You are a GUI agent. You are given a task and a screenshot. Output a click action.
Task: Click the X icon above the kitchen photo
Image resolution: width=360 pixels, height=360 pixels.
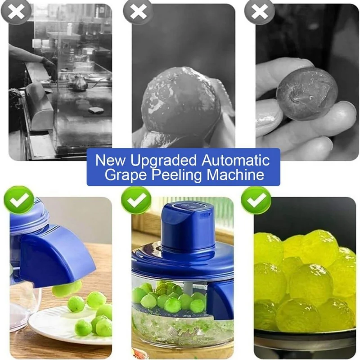[16, 12]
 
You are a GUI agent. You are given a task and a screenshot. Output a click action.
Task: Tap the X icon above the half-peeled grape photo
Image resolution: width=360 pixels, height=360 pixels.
[138, 12]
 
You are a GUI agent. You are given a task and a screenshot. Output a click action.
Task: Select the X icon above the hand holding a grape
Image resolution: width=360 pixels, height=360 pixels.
[260, 12]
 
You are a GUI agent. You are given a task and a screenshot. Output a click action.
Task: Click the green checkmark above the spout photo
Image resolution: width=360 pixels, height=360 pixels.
[19, 200]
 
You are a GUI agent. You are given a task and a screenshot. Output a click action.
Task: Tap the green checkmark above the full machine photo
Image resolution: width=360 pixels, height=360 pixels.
[136, 200]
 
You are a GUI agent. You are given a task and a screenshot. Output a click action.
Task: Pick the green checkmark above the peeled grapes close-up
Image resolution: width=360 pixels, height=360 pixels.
[256, 200]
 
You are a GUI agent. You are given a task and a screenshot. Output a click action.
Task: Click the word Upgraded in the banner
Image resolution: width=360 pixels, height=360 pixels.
[163, 161]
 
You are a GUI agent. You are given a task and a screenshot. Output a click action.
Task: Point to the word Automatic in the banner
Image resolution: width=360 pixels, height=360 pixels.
[235, 160]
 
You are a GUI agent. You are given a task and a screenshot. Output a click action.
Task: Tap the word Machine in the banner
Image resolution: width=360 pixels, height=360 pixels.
[235, 175]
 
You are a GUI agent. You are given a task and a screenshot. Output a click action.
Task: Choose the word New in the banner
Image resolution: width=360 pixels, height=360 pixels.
[111, 160]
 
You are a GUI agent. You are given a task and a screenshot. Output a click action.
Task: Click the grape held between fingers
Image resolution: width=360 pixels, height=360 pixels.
[307, 94]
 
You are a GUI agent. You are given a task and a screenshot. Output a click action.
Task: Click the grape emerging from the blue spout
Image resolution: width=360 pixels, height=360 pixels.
[67, 288]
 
